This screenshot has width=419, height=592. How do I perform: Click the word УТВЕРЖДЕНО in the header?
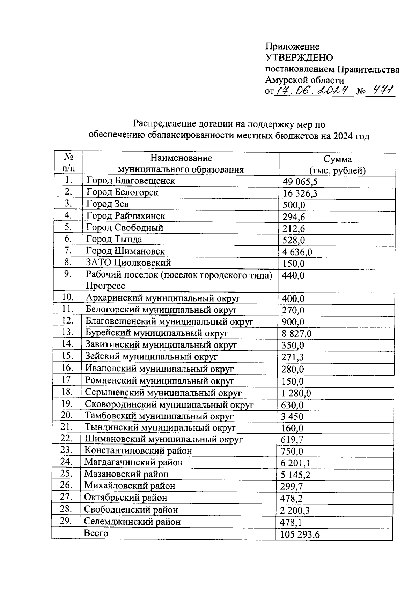299,58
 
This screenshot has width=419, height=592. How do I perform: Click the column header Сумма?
337,160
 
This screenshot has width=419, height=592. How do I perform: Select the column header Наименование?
181,158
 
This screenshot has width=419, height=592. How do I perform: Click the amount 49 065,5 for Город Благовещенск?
300,182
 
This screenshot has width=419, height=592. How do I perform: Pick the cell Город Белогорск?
122,192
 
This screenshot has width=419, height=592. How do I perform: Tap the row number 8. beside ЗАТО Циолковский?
68,262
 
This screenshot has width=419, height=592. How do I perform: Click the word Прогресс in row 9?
105,286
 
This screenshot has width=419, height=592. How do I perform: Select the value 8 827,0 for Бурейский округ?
296,334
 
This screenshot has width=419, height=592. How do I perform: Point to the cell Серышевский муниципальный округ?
163,393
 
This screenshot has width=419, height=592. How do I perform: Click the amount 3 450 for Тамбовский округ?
292,417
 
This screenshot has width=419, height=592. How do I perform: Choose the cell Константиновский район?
138,451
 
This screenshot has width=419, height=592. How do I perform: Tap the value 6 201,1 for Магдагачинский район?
295,463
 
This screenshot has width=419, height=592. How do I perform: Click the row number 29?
66,521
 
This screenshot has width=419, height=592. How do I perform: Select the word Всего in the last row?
96,533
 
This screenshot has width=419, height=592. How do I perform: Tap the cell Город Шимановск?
125,251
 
